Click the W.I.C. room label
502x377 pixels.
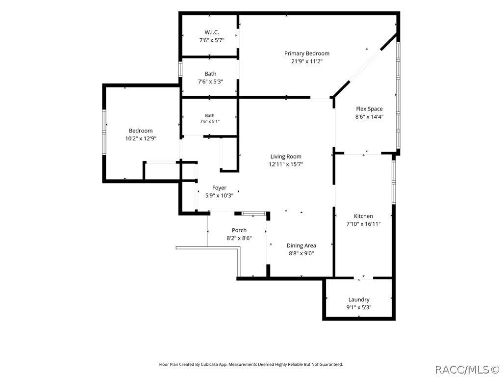[212, 32]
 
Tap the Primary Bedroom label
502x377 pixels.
[307, 54]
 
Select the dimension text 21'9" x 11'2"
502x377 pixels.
[306, 61]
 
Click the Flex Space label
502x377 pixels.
[369, 109]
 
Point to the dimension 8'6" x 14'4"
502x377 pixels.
[369, 117]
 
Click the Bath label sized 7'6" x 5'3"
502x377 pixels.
[210, 74]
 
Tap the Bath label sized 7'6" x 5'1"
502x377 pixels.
[210, 115]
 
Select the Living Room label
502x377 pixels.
[286, 157]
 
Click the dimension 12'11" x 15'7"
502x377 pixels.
[286, 164]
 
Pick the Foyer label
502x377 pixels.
[219, 188]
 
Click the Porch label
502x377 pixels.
[239, 230]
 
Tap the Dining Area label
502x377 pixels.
[301, 245]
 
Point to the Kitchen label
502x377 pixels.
[363, 216]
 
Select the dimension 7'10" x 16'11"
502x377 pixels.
[363, 224]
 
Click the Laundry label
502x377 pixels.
[359, 300]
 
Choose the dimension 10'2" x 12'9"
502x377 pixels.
[141, 139]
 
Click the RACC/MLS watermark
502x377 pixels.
[467, 369]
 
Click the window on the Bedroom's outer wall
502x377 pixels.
[104, 133]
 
